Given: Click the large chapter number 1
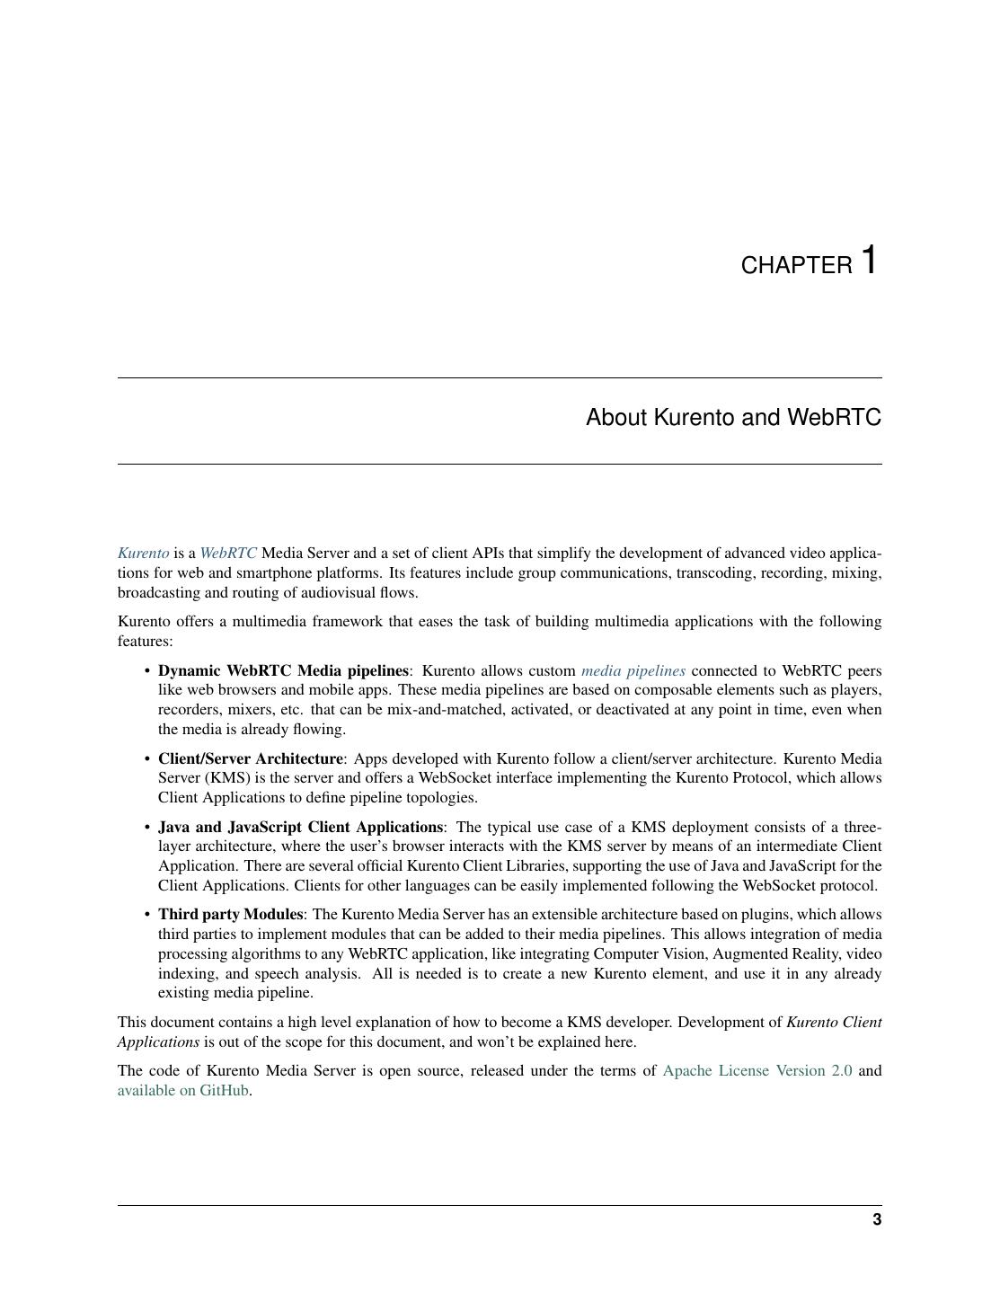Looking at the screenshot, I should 868,260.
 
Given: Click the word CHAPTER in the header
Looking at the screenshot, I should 796,266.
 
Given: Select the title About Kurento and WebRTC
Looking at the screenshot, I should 733,418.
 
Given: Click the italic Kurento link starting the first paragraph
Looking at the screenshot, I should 143,554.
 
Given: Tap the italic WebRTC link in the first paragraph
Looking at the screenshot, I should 228,554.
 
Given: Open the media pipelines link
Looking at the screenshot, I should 633,670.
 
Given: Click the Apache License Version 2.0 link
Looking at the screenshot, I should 757,1070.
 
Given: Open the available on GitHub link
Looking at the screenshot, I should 182,1090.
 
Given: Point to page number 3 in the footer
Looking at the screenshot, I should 876,1219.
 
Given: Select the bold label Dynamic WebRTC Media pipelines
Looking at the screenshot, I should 283,670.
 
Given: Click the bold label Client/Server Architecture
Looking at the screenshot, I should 250,758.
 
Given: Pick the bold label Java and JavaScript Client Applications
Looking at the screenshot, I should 300,827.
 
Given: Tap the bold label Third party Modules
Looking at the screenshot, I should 230,914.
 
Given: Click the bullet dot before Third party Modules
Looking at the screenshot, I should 146,915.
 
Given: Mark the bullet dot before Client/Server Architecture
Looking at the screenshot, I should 146,759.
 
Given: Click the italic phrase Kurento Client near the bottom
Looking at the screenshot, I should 834,1022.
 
